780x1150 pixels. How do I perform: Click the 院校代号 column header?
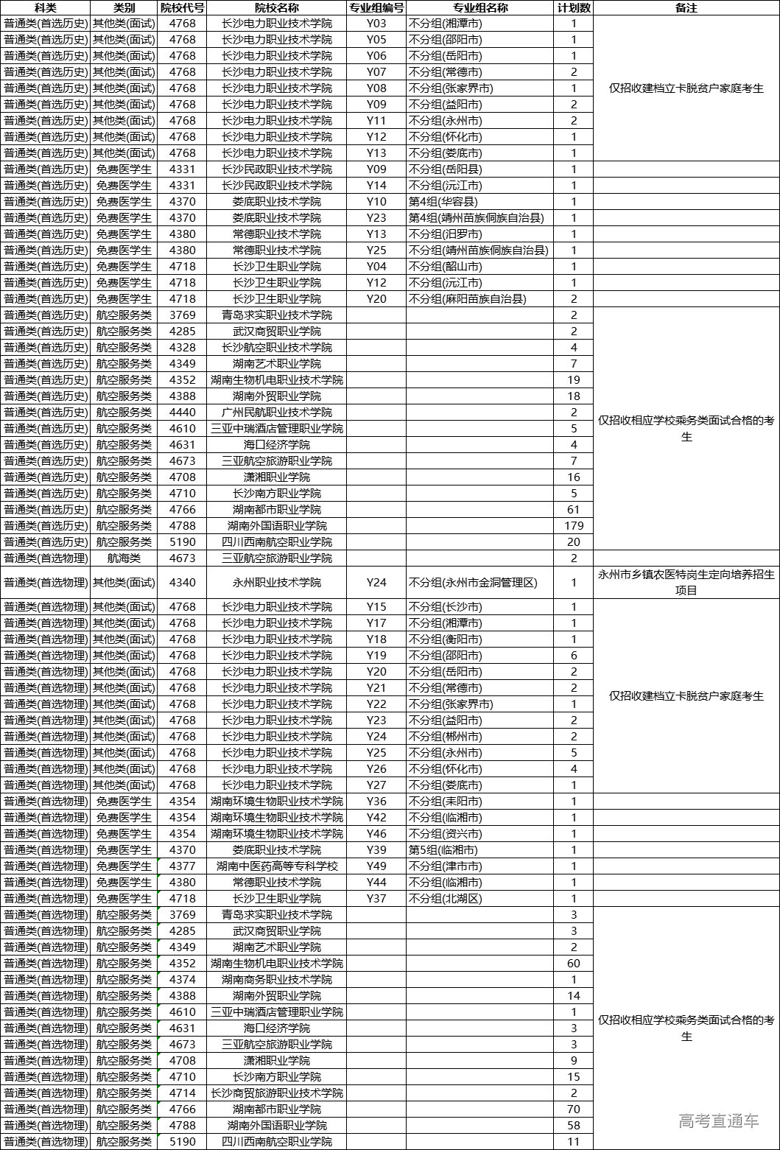coord(182,8)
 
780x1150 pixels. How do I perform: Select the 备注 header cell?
coord(686,8)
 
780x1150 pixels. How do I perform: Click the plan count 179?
coord(574,526)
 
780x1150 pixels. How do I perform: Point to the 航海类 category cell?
coord(124,558)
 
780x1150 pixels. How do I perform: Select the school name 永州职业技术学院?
coord(276,583)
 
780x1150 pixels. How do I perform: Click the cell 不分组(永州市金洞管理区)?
coord(473,583)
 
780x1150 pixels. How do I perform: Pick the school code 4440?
coord(182,413)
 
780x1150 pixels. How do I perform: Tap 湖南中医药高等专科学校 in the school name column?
coord(276,866)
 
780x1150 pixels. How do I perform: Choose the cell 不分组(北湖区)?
coord(445,899)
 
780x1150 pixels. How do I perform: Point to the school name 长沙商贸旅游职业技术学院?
coord(276,1093)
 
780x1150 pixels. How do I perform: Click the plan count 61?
coord(574,510)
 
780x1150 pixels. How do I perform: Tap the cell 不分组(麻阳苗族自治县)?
coord(468,299)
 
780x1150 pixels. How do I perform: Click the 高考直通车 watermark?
coord(718,1121)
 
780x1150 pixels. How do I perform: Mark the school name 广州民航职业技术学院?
coord(276,413)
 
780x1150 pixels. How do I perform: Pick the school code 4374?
coord(182,980)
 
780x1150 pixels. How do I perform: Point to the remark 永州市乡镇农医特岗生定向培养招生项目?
coord(686,583)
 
